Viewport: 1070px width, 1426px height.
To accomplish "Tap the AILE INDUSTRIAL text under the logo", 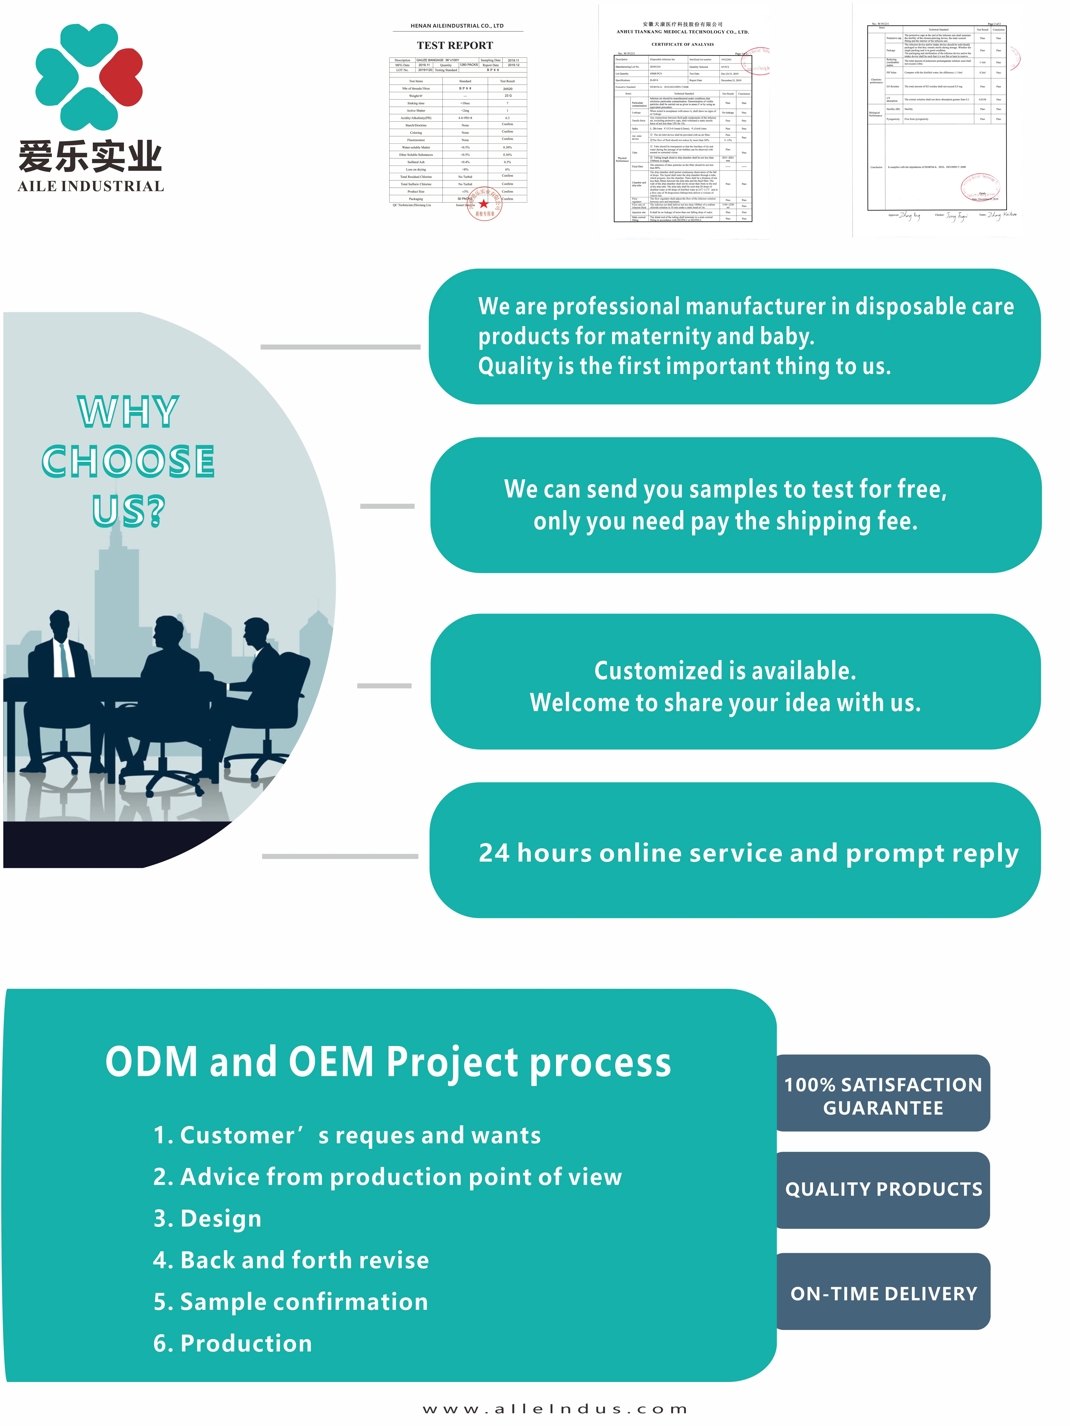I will pos(91,186).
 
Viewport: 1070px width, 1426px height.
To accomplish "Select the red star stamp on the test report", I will pos(484,204).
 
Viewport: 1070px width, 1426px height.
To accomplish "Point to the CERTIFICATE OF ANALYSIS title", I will pos(682,45).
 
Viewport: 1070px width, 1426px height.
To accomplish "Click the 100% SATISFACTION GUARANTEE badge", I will pos(883,1096).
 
